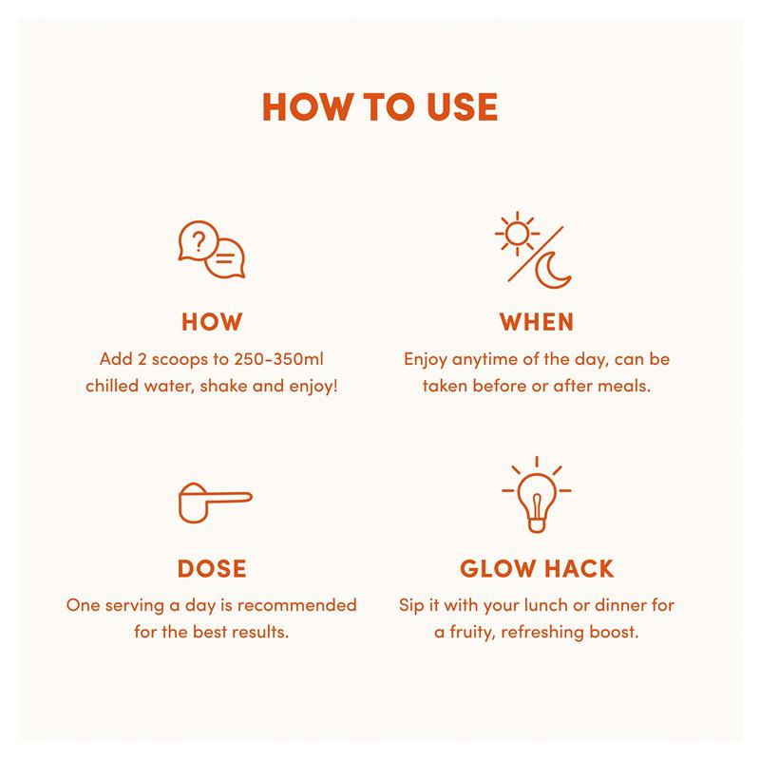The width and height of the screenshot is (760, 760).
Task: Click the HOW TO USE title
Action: tap(380, 106)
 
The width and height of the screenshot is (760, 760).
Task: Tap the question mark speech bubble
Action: tap(198, 241)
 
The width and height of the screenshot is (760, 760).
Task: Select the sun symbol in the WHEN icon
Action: tap(517, 234)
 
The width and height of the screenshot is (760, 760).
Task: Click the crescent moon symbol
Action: tap(552, 271)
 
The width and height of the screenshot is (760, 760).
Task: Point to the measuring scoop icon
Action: tap(215, 503)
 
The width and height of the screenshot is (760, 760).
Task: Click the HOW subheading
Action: tap(212, 322)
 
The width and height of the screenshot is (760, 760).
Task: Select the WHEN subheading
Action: tap(537, 322)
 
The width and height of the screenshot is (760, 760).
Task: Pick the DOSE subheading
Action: tap(212, 568)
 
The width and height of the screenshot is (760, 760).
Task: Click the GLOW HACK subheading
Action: tap(537, 568)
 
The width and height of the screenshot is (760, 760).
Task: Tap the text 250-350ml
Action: tap(278, 359)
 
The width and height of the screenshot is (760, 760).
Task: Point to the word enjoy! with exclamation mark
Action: tap(313, 387)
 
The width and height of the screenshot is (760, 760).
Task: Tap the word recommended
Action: tap(297, 605)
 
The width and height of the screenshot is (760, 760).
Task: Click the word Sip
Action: tap(411, 606)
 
